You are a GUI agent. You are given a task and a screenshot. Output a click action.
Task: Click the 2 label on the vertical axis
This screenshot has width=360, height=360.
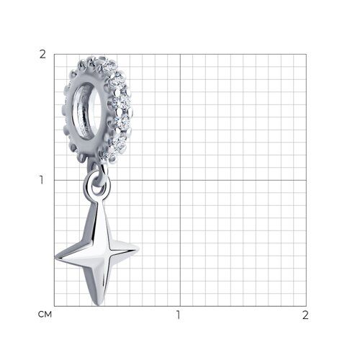(x=42, y=55)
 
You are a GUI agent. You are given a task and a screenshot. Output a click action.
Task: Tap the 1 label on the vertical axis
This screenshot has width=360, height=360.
(x=42, y=180)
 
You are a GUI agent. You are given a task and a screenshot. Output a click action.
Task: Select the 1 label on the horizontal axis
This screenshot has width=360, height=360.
(x=178, y=315)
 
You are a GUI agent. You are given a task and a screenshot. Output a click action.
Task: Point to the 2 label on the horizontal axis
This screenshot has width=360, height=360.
(x=305, y=315)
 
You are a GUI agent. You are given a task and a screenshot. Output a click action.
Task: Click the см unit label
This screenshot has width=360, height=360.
(x=45, y=315)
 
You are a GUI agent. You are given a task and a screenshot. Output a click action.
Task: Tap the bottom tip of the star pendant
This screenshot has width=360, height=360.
(x=98, y=305)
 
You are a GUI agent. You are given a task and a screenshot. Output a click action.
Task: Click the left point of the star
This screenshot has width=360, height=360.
(x=55, y=258)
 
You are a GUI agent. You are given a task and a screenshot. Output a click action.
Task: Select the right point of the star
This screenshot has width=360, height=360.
(x=139, y=249)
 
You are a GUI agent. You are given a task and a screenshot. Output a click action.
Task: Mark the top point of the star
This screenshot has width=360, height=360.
(x=97, y=202)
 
